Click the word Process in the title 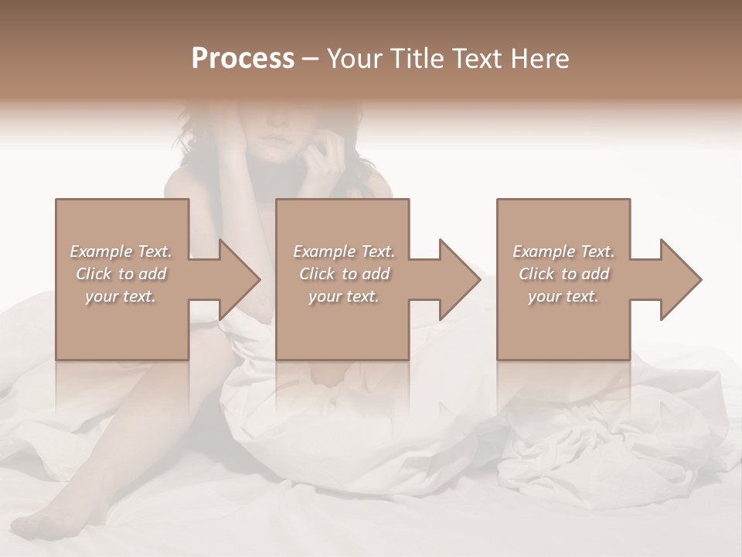coord(243,59)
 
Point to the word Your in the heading coord(354,59)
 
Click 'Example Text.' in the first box coord(121,251)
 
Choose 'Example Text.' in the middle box coord(344,251)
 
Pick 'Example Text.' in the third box coord(563,251)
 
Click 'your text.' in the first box coord(121,296)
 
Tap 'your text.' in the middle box coord(344,296)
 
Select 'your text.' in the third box coord(563,296)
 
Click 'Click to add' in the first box coord(121,274)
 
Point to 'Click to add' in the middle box coord(344,274)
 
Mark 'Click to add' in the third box coord(563,274)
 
